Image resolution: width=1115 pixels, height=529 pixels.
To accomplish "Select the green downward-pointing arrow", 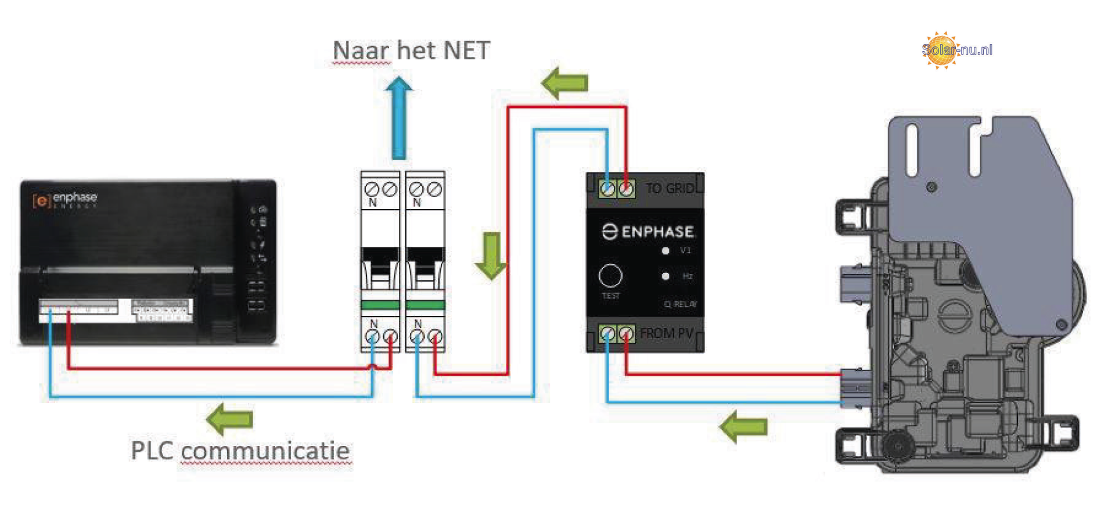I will point(491,256).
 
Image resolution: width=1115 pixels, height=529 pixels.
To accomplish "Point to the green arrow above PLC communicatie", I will point(230,419).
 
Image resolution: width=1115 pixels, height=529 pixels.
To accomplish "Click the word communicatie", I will point(265,451).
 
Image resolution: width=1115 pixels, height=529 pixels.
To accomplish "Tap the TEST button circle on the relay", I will point(610,276).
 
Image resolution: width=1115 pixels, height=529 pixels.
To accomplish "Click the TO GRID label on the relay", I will point(670,188).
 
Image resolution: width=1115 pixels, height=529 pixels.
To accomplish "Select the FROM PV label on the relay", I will point(667,333).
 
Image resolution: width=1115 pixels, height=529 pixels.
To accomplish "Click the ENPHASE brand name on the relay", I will point(657,232).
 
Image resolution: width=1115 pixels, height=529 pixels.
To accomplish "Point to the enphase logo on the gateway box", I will point(65,199).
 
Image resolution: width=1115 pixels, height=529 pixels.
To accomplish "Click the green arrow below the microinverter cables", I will point(743,427).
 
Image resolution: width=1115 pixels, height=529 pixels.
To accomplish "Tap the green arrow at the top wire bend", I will point(565,82).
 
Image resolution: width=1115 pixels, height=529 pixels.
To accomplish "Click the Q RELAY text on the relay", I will point(681,304).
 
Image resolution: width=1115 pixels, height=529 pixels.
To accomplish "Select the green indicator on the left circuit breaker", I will point(380,305).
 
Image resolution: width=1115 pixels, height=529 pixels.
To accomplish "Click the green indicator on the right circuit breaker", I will point(426,305).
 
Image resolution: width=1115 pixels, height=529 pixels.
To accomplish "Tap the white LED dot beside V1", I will point(666,251).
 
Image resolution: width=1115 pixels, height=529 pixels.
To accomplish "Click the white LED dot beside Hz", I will point(666,276).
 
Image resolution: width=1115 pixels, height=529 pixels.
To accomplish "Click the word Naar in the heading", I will point(361,51).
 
